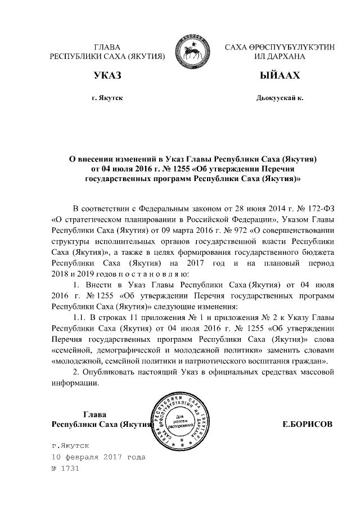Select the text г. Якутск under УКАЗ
[x=107, y=98]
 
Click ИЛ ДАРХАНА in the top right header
[x=279, y=57]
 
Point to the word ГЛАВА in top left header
[x=107, y=47]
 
